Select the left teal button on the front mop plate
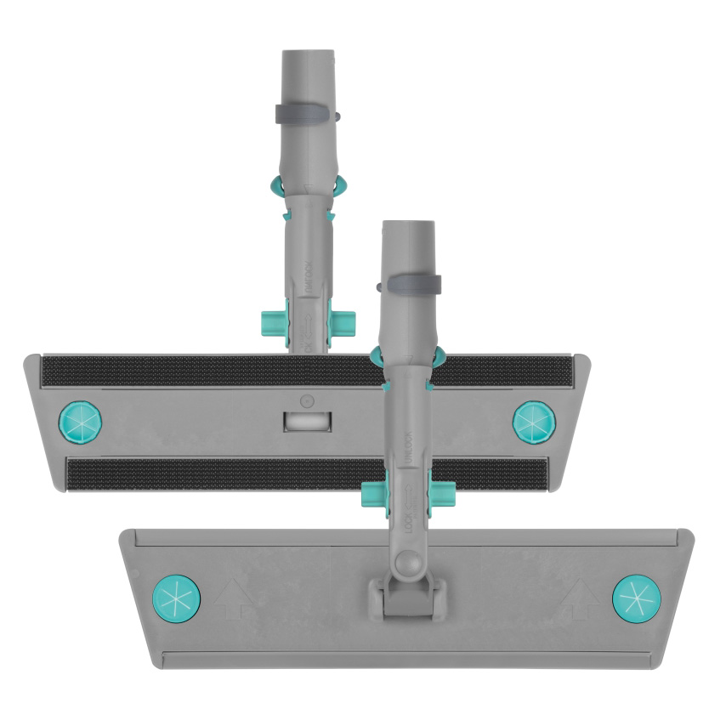click(176, 597)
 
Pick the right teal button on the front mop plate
click(636, 598)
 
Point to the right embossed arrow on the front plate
click(582, 598)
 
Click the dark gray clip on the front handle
click(411, 285)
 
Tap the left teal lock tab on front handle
click(372, 494)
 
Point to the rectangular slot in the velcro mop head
click(308, 421)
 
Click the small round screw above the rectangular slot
click(308, 400)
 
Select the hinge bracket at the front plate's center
click(405, 596)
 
